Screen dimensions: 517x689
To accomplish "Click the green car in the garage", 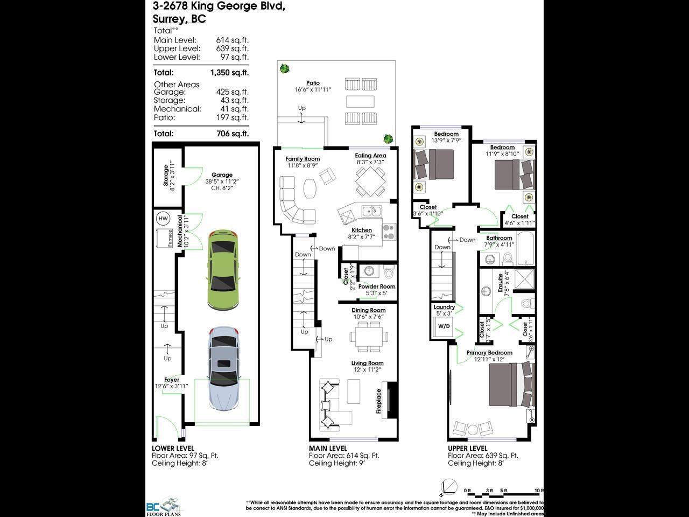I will pos(222,270).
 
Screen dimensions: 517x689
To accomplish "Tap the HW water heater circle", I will pos(163,219).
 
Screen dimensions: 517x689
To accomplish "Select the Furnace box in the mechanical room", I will pos(164,238).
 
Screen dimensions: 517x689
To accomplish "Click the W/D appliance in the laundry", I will pos(444,326).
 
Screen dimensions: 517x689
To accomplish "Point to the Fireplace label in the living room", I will pos(379,401).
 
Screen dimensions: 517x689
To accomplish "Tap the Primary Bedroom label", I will pos(489,353).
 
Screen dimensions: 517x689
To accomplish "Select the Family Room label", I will pos(303,159).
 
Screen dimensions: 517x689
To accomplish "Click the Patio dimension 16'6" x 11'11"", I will pos(313,89).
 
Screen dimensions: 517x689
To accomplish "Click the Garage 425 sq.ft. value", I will pos(232,92).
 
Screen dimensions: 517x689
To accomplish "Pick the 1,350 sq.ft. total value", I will pos(229,72).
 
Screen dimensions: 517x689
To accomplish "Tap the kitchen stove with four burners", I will pos(389,232).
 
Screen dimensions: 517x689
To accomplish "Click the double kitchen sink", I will pos(371,211).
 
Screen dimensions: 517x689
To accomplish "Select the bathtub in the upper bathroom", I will pos(525,249).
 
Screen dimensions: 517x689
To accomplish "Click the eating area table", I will pos(370,181).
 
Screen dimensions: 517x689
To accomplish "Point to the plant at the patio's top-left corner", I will pos(284,69).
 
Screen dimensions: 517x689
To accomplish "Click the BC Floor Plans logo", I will pos(164,506).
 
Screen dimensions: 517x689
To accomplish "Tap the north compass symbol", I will pos(449,485).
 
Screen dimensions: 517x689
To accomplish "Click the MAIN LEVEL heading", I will pos(328,448).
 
